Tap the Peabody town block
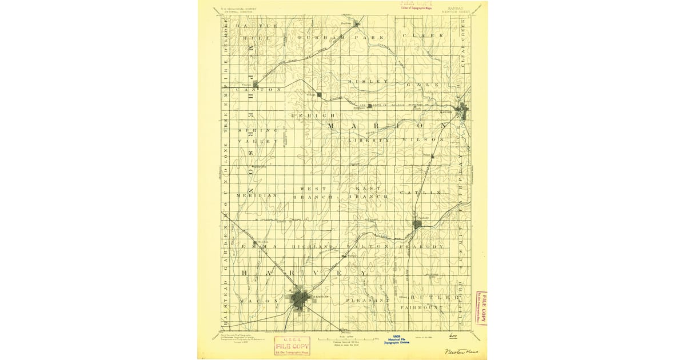click(417, 224)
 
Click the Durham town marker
click(357, 23)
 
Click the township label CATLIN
click(420, 193)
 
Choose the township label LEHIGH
click(312, 115)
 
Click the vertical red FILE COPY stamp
click(483, 309)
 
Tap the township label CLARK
click(422, 35)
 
